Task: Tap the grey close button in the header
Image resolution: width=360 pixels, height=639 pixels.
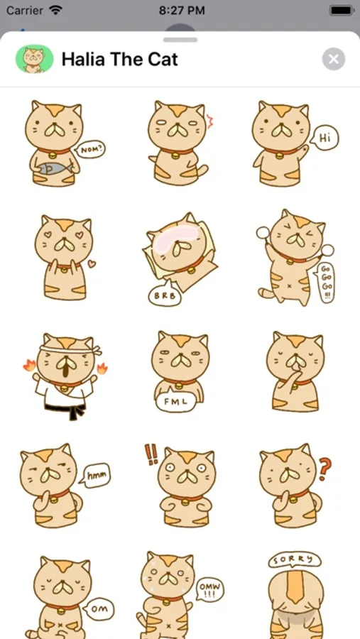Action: (x=334, y=60)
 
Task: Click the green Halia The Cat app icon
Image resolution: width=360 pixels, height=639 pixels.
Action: (x=35, y=59)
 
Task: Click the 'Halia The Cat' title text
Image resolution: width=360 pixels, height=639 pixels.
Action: (x=119, y=60)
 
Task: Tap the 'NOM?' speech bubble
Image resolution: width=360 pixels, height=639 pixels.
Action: (x=89, y=150)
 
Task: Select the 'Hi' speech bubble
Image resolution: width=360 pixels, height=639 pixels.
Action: (x=324, y=138)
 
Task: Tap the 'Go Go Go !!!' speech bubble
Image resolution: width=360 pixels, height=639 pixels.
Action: (x=325, y=282)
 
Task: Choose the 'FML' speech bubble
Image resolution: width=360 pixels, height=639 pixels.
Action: (x=175, y=400)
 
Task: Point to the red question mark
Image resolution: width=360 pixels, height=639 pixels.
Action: (x=324, y=469)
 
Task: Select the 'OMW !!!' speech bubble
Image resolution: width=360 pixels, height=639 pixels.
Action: (x=210, y=589)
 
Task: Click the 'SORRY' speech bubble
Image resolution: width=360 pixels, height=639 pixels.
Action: (x=295, y=560)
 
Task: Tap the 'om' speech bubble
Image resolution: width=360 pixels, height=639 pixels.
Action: (x=98, y=608)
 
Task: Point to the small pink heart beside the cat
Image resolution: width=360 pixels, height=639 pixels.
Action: (x=92, y=263)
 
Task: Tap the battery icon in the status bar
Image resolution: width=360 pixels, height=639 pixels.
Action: (x=340, y=11)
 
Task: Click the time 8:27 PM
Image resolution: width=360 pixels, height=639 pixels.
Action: (x=182, y=11)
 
